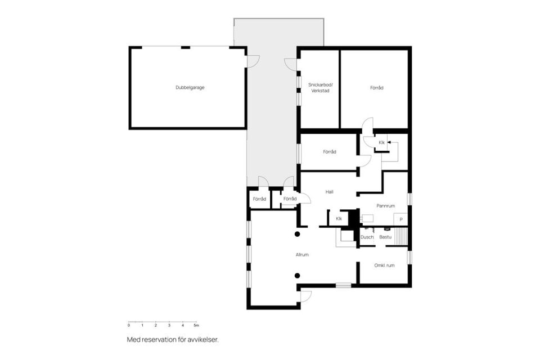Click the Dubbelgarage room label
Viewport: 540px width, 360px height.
190,87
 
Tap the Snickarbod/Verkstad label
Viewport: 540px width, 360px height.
319,87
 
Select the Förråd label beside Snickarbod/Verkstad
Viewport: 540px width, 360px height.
376,87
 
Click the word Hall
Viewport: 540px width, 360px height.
329,192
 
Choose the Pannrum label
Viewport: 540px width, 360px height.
385,206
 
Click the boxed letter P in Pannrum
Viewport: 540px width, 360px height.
401,219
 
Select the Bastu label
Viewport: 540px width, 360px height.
385,237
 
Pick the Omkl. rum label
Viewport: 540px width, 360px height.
384,265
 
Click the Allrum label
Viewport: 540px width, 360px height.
302,255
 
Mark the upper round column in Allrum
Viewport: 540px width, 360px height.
298,233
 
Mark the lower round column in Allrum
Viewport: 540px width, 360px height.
298,275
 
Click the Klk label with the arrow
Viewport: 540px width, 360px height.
381,142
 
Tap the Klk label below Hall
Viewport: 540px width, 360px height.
339,218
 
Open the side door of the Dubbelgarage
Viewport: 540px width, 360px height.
252,61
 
